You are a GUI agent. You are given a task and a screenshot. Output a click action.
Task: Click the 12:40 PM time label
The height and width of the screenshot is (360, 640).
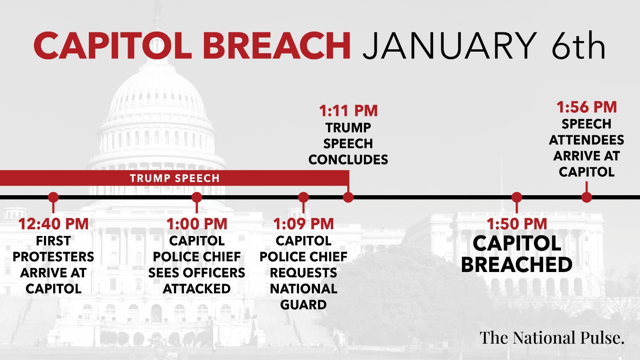tap(54, 224)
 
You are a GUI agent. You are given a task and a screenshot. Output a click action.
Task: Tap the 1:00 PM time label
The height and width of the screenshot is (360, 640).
tap(197, 224)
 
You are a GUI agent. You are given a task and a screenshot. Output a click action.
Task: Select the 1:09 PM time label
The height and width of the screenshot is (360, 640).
tap(304, 224)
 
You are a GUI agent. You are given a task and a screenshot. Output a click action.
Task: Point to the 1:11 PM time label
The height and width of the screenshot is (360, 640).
tap(348, 111)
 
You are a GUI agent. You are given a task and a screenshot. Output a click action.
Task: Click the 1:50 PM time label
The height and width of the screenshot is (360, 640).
tap(516, 224)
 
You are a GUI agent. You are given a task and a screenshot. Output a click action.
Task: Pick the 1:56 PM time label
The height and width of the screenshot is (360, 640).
tap(586, 107)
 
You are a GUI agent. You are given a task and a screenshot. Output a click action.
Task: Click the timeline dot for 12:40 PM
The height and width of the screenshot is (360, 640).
tap(54, 197)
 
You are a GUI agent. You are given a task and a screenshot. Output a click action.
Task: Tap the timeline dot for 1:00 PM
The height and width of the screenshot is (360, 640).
tap(197, 197)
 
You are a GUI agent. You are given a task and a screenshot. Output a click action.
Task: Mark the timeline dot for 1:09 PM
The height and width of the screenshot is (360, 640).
tap(304, 197)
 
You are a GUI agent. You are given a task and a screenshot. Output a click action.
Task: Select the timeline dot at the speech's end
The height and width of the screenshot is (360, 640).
tap(348, 197)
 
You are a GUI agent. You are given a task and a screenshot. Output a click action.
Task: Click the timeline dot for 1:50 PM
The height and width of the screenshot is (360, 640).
tap(516, 197)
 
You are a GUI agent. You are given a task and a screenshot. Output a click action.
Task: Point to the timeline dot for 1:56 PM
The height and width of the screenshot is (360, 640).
tap(586, 197)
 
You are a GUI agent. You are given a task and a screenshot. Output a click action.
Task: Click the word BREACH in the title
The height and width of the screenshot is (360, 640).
tap(276, 46)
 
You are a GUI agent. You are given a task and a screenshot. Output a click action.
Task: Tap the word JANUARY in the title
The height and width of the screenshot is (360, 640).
tap(450, 46)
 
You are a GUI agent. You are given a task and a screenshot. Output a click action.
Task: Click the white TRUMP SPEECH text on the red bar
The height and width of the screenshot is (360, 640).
tap(174, 178)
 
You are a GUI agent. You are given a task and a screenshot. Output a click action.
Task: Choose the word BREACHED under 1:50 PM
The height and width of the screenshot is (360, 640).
tap(516, 264)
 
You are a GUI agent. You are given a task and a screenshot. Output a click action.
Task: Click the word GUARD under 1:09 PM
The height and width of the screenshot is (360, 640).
tap(304, 305)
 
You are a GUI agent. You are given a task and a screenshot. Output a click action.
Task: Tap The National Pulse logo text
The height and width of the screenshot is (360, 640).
tap(552, 338)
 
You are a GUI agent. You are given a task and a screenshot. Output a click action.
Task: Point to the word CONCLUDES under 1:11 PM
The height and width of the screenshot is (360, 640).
tap(348, 160)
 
